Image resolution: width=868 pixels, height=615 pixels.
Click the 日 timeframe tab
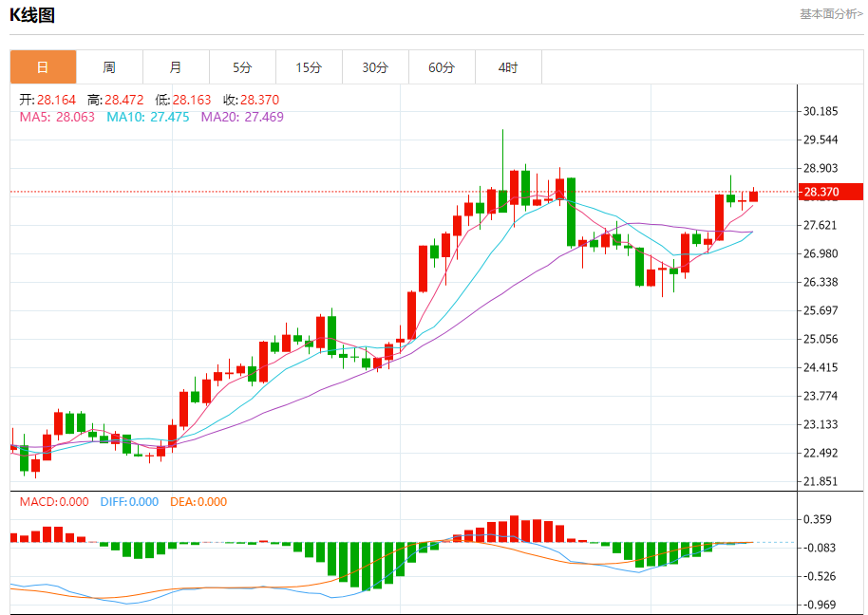click(43, 67)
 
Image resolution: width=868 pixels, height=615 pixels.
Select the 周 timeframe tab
click(109, 67)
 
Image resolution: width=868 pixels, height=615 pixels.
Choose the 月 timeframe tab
click(176, 67)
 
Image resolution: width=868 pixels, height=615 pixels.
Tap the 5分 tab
click(242, 67)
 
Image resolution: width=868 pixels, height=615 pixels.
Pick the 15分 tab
click(309, 67)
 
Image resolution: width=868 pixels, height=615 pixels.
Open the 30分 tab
click(375, 67)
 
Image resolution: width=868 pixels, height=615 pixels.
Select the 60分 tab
click(442, 67)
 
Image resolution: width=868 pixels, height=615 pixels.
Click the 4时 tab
click(508, 67)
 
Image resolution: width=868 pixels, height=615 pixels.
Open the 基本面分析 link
click(831, 14)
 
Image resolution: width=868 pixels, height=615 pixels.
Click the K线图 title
click(32, 15)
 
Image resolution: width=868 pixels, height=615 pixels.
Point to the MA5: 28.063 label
click(57, 117)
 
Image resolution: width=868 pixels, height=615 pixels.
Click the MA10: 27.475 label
click(147, 117)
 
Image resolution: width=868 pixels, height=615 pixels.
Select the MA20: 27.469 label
click(242, 117)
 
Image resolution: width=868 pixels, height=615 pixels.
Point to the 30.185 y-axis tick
click(821, 111)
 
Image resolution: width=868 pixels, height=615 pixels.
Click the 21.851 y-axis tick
click(821, 481)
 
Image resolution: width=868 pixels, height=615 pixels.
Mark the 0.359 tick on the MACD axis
click(819, 519)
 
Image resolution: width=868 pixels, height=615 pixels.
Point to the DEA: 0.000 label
click(198, 502)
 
